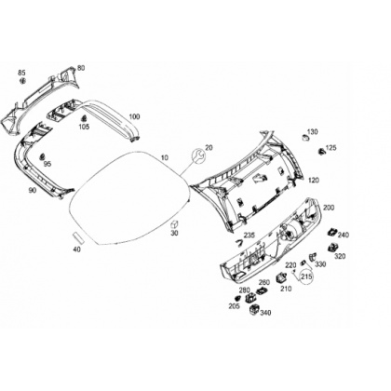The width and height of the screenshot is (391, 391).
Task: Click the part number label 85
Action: (x=21, y=73)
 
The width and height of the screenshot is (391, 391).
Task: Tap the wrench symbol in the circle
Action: (x=197, y=155)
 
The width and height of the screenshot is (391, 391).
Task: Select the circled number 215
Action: (x=306, y=276)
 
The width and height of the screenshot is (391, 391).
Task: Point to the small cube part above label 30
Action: (x=175, y=224)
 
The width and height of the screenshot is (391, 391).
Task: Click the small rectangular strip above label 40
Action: (x=78, y=237)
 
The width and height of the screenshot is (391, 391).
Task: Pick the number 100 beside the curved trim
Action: (x=134, y=116)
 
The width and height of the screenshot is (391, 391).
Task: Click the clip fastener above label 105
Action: (x=84, y=119)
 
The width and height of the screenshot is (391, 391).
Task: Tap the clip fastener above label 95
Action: (x=41, y=156)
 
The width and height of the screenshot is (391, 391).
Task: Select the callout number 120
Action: (x=314, y=180)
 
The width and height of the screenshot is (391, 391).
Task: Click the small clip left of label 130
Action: (x=304, y=138)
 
